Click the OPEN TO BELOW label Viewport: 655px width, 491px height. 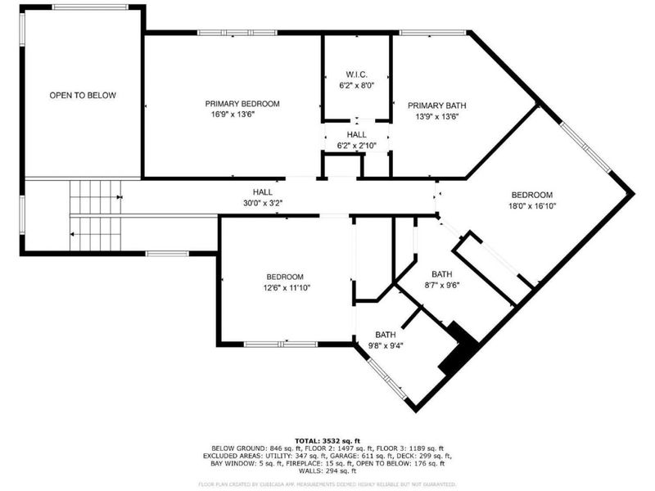tap(83, 96)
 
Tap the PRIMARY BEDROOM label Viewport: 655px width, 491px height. tap(242, 104)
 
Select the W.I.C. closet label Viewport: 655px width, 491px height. tap(356, 73)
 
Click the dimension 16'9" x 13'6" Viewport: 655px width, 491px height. tap(242, 115)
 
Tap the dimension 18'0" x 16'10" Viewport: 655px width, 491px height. tap(531, 206)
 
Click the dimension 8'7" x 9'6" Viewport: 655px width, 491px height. tap(441, 286)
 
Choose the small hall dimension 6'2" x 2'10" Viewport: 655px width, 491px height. tap(356, 146)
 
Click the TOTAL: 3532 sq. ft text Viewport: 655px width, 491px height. tap(327, 439)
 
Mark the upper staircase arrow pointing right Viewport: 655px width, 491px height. tap(120, 197)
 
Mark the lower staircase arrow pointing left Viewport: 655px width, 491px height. tap(74, 235)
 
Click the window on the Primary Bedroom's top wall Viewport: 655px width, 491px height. tap(225, 33)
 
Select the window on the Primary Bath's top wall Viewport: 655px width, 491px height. tap(433, 33)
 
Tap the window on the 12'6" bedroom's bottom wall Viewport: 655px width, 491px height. tap(274, 344)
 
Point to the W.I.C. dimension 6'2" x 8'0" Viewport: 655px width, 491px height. tap(356, 84)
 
